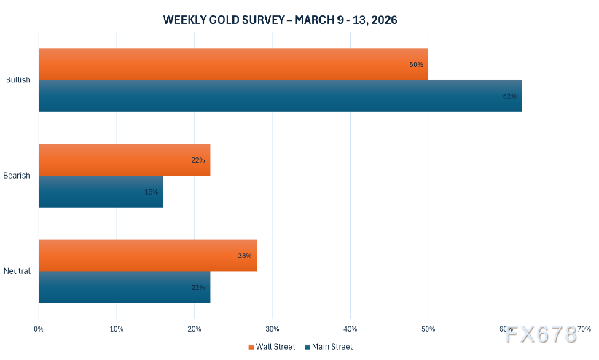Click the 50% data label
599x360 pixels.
(x=416, y=65)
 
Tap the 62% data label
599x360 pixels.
(x=509, y=97)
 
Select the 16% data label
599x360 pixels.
(x=151, y=192)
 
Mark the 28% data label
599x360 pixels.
(x=244, y=256)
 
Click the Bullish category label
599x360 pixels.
(x=17, y=80)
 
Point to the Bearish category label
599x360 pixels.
(x=17, y=176)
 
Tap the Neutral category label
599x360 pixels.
(x=17, y=271)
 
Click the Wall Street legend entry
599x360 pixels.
(x=272, y=347)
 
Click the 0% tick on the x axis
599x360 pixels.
(x=39, y=329)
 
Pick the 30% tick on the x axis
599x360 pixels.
(x=272, y=329)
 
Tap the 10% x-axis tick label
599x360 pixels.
(x=117, y=329)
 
